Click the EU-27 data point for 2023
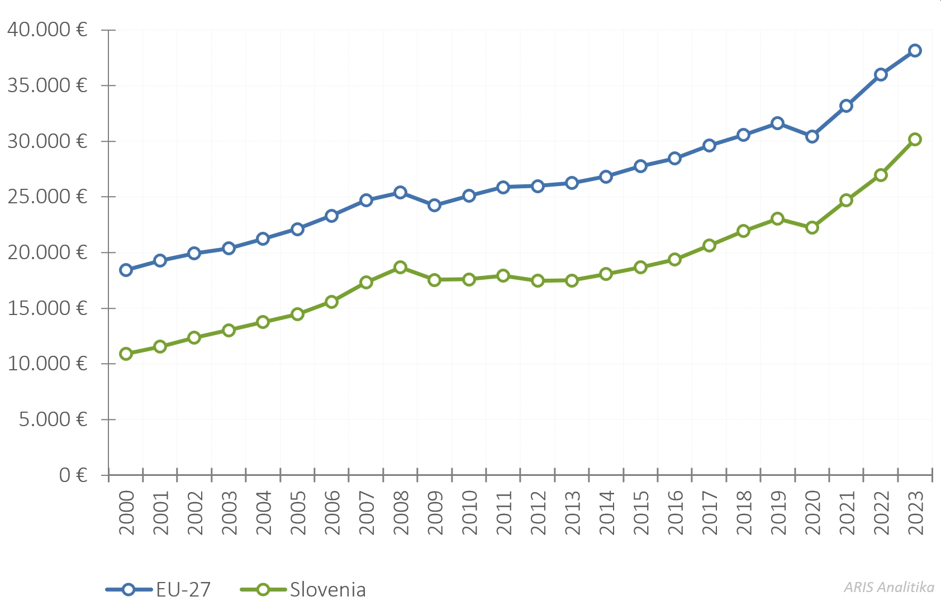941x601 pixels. tap(915, 51)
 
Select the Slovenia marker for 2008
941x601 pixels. tap(400, 267)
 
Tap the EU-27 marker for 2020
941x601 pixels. tap(812, 136)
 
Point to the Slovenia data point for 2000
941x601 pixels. tap(126, 354)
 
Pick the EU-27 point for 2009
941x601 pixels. tap(434, 205)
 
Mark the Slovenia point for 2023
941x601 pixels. tap(915, 139)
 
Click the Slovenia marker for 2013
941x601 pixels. tap(572, 280)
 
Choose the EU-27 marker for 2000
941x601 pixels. tap(126, 270)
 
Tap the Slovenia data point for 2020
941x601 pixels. tap(812, 227)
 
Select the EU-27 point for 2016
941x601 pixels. tap(674, 158)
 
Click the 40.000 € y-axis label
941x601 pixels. tap(47, 30)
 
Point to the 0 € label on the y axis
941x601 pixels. tap(73, 475)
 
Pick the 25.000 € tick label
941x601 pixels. tap(47, 197)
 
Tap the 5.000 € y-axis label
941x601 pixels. tap(53, 419)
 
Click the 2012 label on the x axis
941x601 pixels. tap(538, 513)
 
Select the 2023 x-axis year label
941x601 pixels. tap(915, 513)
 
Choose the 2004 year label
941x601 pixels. tap(263, 513)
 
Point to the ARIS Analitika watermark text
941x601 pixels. tap(888, 587)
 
